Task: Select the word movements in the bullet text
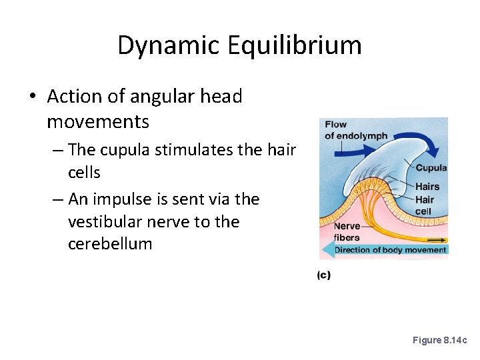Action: [x=98, y=122]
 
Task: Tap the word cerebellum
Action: [x=110, y=243]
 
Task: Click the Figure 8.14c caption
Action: [x=440, y=340]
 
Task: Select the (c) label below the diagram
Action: [x=323, y=275]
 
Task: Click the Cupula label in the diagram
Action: [x=431, y=168]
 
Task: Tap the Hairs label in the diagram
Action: [x=427, y=187]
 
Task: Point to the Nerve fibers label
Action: [x=347, y=232]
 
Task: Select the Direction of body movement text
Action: [x=390, y=250]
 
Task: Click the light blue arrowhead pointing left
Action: [x=327, y=250]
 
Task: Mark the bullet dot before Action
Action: [x=33, y=97]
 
